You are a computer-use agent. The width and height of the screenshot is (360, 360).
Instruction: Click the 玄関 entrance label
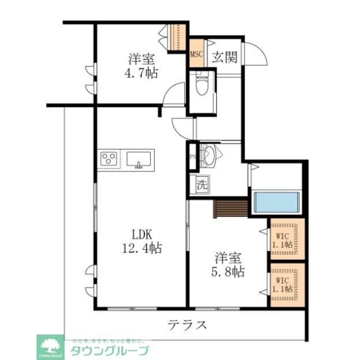coord(224,56)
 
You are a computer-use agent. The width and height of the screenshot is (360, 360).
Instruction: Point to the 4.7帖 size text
coord(142,73)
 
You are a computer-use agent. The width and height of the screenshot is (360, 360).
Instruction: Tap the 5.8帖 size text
coord(229,272)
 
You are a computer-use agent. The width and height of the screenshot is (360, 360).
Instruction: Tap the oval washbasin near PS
coord(209,155)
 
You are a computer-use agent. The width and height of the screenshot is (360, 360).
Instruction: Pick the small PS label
coord(192,157)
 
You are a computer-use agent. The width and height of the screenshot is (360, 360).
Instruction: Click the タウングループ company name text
coord(110,351)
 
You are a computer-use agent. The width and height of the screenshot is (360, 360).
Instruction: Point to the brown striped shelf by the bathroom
coord(231,208)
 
